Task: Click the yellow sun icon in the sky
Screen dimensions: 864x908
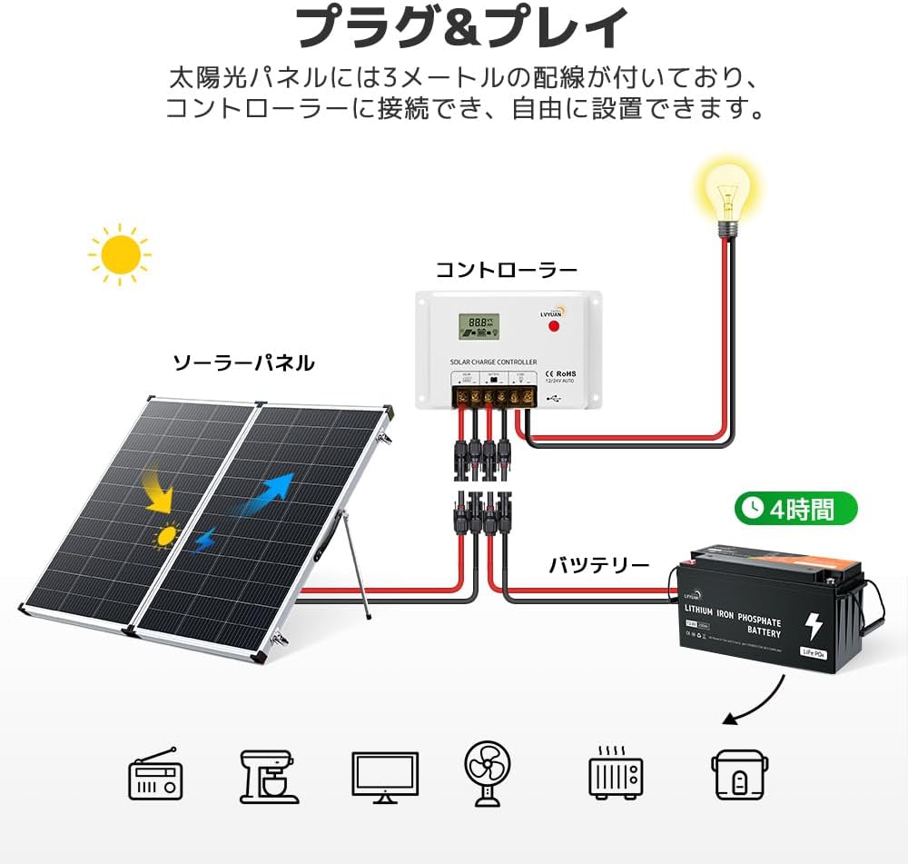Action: pos(120,254)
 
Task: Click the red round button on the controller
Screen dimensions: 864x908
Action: pos(553,325)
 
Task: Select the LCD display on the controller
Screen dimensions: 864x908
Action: pos(478,327)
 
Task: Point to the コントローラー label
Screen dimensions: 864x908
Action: pos(506,270)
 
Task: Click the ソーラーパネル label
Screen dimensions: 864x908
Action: pos(243,363)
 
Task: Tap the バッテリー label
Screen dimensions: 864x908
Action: pos(598,565)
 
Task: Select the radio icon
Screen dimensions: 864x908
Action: pos(155,774)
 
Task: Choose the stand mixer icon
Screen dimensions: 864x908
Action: pos(269,776)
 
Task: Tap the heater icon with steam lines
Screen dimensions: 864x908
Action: pos(615,773)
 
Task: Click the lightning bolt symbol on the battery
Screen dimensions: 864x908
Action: pos(814,626)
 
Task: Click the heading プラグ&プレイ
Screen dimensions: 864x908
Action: pos(462,27)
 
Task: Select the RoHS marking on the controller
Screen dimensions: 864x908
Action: pos(564,373)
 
